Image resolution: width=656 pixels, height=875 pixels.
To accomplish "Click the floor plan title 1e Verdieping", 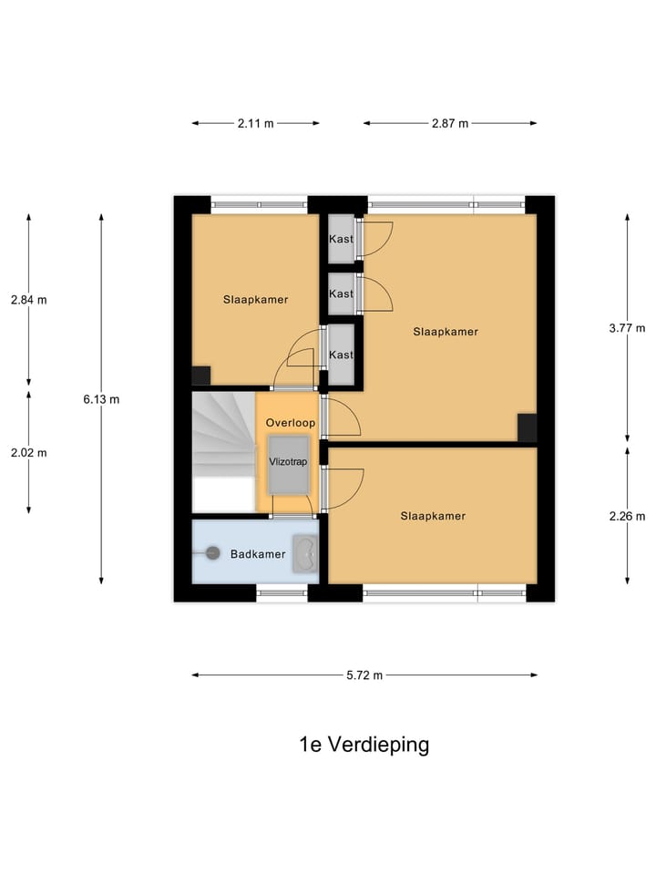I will pos(364,745).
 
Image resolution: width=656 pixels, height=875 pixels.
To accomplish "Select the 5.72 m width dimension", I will pos(364,675).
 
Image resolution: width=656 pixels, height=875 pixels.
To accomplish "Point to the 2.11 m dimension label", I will pos(255,124).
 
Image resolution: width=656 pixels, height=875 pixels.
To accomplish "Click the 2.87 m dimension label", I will pos(449,124).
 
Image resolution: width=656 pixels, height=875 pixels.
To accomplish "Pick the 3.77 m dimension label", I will pos(627,328).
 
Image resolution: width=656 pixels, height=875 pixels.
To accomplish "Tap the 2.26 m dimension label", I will pos(627,515).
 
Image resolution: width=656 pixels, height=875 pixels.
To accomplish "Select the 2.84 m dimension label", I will pos(28,299).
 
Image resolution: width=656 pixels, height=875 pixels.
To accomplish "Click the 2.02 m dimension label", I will pos(28,452).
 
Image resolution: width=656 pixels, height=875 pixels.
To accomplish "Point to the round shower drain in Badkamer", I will pos(213,552).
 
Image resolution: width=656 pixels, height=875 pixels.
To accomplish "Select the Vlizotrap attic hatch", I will pos(288,464).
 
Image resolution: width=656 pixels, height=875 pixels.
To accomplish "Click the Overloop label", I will pos(290,423).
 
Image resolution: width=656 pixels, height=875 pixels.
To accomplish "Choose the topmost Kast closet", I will pos(341,239).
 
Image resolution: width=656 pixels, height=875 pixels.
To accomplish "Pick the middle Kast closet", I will pos(341,293).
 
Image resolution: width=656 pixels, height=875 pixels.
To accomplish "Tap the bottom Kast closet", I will pos(341,354).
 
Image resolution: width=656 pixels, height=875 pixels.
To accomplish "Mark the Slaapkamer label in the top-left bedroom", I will pos(255,299).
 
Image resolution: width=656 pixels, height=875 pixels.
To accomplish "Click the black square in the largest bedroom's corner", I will pos(527,427).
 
